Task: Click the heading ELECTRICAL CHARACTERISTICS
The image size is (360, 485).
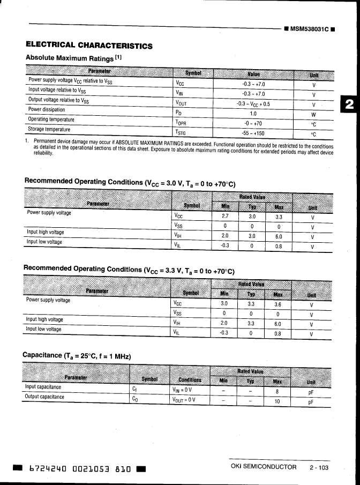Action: click(x=89, y=46)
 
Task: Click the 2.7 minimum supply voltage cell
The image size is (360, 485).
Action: click(x=225, y=217)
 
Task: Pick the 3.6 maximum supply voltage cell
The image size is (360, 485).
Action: click(x=277, y=303)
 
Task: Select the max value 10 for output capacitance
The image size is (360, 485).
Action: click(x=277, y=401)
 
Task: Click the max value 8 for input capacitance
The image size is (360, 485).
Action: click(x=277, y=391)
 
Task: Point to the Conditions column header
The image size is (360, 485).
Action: click(x=190, y=379)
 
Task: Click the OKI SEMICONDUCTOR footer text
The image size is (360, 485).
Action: click(x=264, y=467)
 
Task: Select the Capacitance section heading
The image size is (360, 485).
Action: click(x=77, y=355)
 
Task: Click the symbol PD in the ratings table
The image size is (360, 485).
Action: click(x=179, y=114)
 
